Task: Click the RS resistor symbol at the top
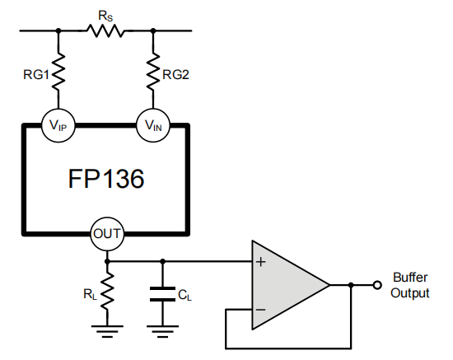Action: point(105,31)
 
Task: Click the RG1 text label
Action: point(35,75)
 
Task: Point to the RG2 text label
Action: point(176,75)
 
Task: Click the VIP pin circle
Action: point(58,125)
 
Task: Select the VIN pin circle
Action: point(153,125)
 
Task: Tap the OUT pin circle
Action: point(106,233)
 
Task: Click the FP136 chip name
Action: point(106,178)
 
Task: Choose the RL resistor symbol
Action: point(106,293)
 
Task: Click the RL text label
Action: point(89,293)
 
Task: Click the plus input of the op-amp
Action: point(262,262)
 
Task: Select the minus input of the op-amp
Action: point(262,310)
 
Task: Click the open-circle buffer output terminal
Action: point(376,286)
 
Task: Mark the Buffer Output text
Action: point(409,285)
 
